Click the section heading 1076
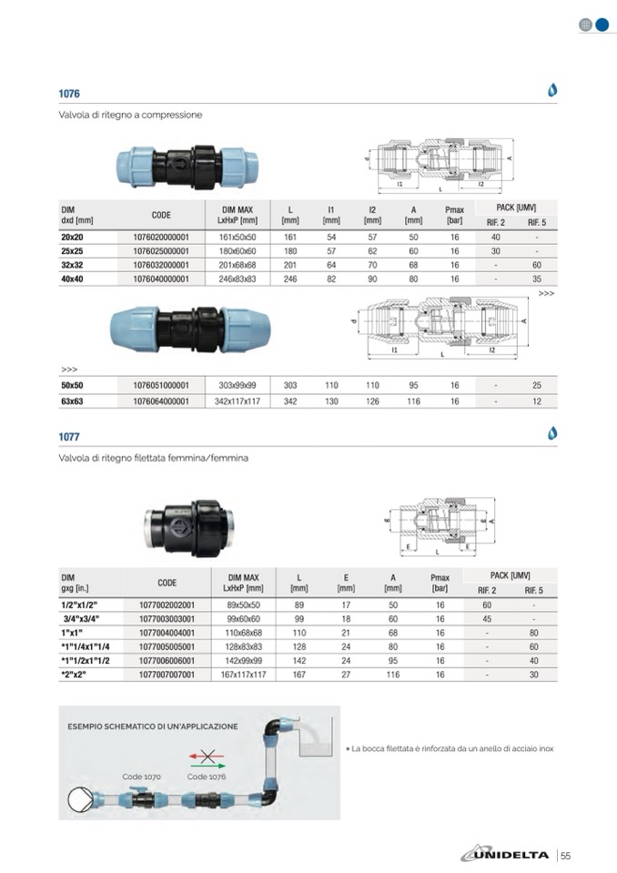click(69, 94)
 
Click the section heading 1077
click(69, 437)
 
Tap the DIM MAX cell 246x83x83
click(238, 279)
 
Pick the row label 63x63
click(72, 401)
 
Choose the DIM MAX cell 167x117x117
click(243, 675)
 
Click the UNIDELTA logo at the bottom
click(506, 854)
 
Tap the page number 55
click(565, 855)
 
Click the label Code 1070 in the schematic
click(141, 777)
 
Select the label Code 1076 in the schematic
click(207, 777)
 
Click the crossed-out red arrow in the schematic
click(207, 755)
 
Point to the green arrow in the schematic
click(208, 766)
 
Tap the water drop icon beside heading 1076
click(551, 90)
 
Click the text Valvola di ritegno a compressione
click(130, 116)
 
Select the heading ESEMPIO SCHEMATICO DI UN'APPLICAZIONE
click(153, 726)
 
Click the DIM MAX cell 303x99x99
click(238, 386)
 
